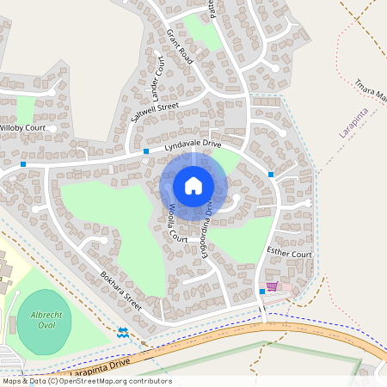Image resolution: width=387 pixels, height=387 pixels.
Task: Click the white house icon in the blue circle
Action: pyautogui.click(x=193, y=185)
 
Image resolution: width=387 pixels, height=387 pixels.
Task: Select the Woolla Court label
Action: pyautogui.click(x=178, y=222)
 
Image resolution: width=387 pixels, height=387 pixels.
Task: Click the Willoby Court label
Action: pyautogui.click(x=22, y=128)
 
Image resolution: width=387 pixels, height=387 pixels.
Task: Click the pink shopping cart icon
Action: pyautogui.click(x=273, y=286)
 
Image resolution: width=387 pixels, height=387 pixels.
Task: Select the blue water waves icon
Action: pyautogui.click(x=122, y=332)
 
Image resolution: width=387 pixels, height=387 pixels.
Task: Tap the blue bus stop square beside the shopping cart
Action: pyautogui.click(x=262, y=292)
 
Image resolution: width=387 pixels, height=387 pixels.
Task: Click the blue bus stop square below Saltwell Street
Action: pyautogui.click(x=146, y=151)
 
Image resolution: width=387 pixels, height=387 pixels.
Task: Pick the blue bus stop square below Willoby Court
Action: pyautogui.click(x=23, y=163)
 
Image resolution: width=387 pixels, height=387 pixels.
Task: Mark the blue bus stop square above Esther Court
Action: pyautogui.click(x=271, y=175)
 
